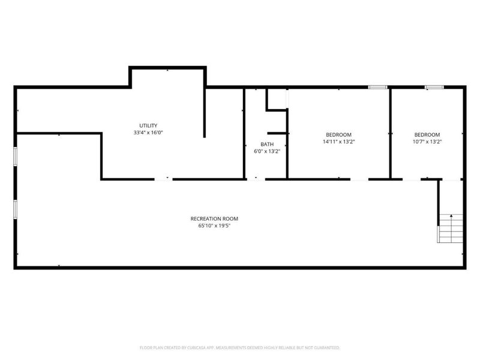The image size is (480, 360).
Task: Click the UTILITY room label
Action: click(148, 125)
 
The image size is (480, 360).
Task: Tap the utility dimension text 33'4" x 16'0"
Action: click(148, 133)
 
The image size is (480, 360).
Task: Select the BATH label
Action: click(267, 144)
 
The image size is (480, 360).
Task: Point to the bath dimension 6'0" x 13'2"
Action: click(267, 151)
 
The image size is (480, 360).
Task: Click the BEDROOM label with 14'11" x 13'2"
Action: click(338, 134)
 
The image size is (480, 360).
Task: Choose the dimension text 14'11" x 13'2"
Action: click(338, 142)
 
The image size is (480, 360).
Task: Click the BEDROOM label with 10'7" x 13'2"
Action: click(427, 134)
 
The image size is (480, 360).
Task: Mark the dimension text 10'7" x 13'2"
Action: click(427, 142)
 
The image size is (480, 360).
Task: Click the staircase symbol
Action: click(451, 228)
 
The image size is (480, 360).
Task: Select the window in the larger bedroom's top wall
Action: click(377, 88)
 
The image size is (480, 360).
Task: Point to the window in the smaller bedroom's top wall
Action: click(434, 88)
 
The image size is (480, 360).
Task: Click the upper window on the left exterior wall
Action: click(16, 155)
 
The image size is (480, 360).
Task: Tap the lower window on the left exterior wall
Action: click(16, 208)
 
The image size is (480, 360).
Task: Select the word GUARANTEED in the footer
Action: click(326, 347)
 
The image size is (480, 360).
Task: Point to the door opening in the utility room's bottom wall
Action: click(163, 178)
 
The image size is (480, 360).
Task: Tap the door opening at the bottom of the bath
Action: click(256, 178)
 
